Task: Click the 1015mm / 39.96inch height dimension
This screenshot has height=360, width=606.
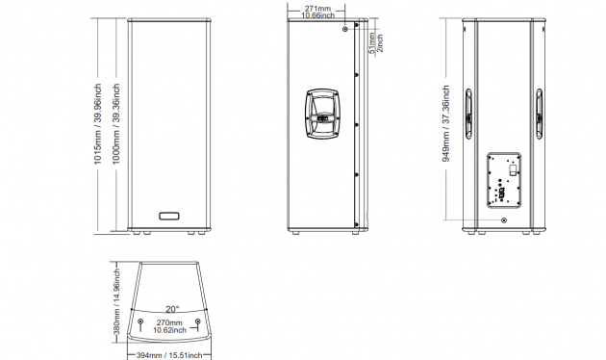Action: tap(98, 124)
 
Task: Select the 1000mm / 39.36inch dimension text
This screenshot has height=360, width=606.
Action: tap(116, 124)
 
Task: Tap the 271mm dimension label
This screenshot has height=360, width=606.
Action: tap(317, 8)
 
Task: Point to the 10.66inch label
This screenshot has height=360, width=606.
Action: tap(317, 15)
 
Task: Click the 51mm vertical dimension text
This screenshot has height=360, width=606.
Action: tap(372, 43)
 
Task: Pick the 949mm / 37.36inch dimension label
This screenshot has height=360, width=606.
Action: tap(446, 123)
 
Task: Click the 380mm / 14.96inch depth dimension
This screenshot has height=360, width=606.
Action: tap(116, 301)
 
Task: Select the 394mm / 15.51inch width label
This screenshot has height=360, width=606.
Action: tap(169, 355)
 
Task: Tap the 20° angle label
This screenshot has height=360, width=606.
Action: tap(172, 309)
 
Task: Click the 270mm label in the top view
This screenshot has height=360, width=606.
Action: tap(169, 322)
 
